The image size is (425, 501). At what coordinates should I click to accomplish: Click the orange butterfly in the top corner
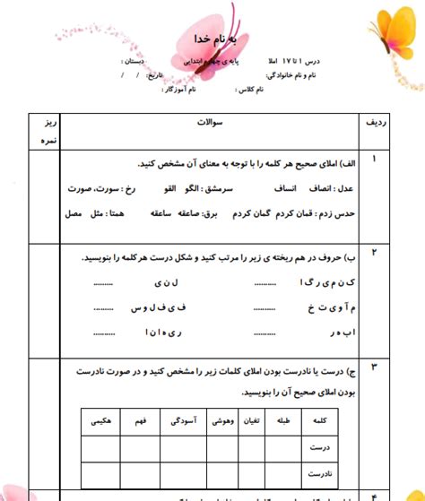coord(394,27)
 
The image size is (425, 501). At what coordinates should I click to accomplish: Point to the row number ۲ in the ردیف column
coord(374,253)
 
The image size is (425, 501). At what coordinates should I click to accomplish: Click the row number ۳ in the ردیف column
coord(374,367)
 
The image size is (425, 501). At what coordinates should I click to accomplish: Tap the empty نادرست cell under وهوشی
coord(222,471)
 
